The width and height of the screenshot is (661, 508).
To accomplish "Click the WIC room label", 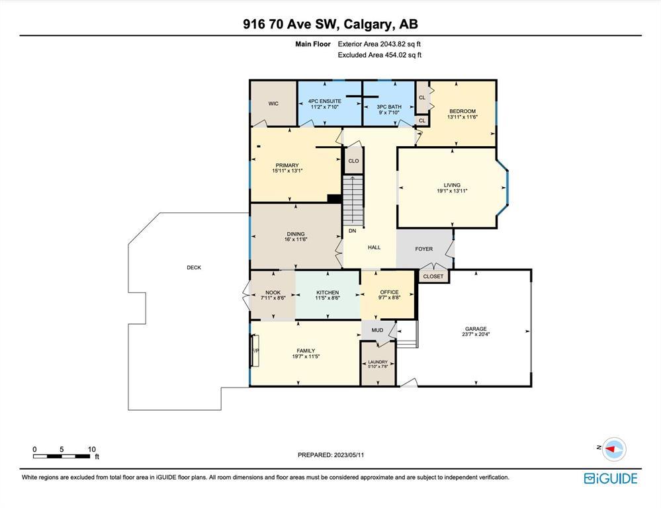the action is coord(273,104).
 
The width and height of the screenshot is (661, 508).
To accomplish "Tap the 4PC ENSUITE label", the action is coord(325,101).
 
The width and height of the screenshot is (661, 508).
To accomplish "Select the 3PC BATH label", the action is coord(389,107).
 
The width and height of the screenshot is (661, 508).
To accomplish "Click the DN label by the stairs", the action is coord(353,231).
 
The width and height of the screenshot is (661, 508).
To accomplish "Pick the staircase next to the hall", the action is coord(353,200).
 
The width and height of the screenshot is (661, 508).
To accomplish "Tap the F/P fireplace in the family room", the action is coord(255,351).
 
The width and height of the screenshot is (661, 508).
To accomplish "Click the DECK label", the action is coord(194,268).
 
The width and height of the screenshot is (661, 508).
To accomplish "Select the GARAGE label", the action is coord(476,329).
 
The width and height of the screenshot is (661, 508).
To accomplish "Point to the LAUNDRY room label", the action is coord(378,362).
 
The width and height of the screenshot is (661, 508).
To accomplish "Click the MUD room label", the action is coord(377,330).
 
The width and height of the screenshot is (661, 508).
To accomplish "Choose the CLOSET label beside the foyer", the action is coord(433,276).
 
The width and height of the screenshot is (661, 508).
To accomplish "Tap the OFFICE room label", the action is coord(389,292).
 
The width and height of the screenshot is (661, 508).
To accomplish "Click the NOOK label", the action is coord(273,292).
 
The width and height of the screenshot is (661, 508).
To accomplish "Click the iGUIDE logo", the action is coord(611,478).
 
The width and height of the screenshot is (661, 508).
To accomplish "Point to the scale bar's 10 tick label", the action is coord(92,449).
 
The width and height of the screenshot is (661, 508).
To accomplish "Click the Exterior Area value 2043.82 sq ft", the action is coord(400,44).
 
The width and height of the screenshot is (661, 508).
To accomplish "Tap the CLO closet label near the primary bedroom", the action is coord(354,161).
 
